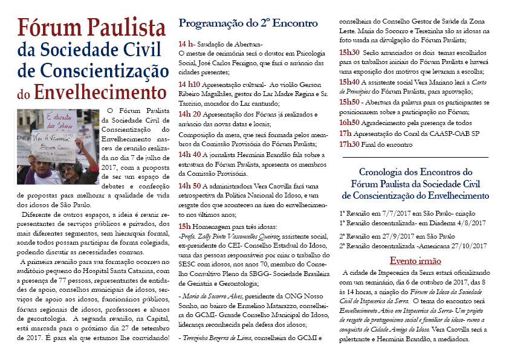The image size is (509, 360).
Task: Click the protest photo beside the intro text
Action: tap(58, 147)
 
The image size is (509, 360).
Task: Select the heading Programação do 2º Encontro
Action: tap(247, 24)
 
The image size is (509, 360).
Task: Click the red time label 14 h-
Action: tap(187, 44)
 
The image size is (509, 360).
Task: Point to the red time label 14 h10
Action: tap(190, 85)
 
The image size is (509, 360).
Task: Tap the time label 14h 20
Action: tap(191, 113)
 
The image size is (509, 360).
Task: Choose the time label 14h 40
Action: tap(191, 154)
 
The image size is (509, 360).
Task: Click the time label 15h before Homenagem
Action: tap(184, 226)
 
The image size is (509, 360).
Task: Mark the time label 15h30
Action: tap(351, 53)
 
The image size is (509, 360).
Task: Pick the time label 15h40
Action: tap(351, 82)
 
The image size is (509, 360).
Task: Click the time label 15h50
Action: tap(351, 102)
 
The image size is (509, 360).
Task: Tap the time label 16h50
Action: tap(351, 123)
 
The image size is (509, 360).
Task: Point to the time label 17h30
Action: tap(351, 144)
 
